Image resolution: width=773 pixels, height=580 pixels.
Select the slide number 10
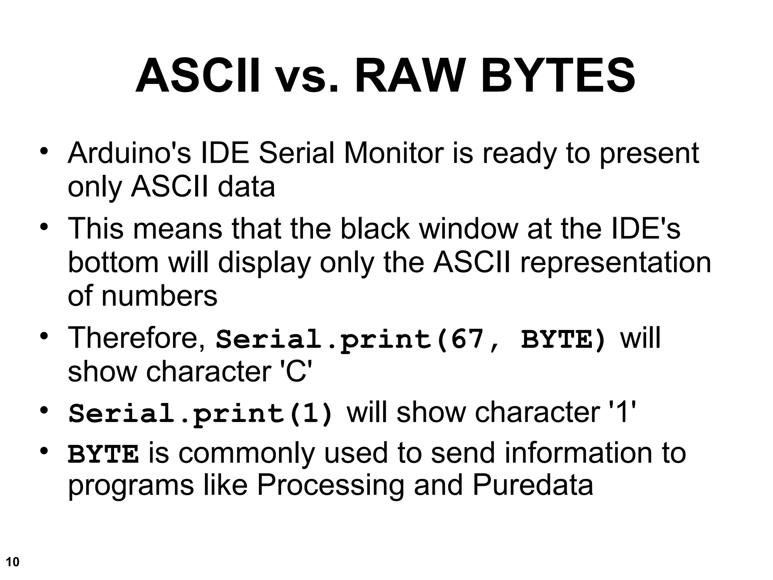pyautogui.click(x=12, y=562)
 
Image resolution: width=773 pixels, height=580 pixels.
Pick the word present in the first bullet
pyautogui.click(x=649, y=154)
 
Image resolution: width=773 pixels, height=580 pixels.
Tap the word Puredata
pyautogui.click(x=533, y=485)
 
